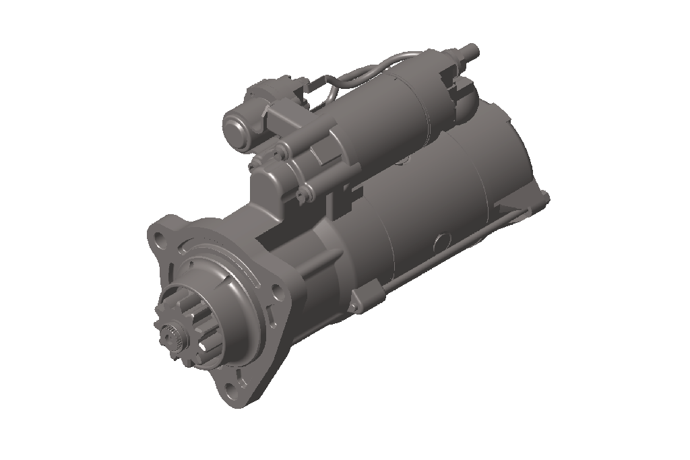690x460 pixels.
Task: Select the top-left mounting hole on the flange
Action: (159, 238)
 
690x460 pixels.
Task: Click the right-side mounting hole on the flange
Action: (275, 291)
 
